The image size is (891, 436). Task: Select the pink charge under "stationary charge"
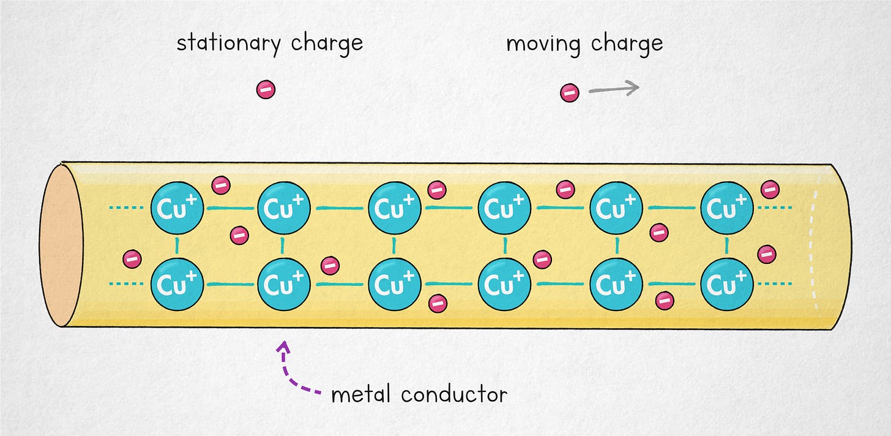266,90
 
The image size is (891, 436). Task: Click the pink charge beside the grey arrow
570,93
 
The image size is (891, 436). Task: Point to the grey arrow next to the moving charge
613,89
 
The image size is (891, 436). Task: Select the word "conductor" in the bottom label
454,394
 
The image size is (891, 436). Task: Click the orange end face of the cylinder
61,245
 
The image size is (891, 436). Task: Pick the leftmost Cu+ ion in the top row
177,208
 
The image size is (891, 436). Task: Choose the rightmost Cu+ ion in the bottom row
726,284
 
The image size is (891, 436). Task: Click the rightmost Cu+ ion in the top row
726,208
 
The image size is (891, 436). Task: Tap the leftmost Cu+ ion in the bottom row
177,284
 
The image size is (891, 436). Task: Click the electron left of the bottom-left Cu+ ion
132,259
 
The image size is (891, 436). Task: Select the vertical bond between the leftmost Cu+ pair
177,246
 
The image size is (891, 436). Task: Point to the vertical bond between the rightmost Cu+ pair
726,246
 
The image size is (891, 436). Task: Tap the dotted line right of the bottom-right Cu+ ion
774,284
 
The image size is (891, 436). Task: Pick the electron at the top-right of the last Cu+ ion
770,190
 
